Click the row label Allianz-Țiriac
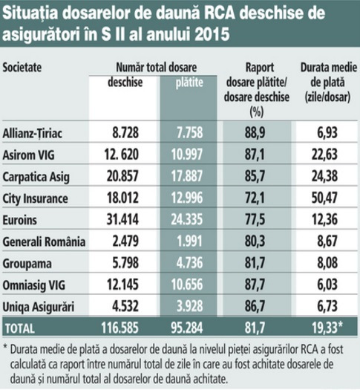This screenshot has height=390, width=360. coord(33,134)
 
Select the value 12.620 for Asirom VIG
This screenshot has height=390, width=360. coord(121,155)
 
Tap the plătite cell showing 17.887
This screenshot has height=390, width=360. coord(187,176)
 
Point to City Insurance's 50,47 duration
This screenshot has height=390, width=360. coord(324,198)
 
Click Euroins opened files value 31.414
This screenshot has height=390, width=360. coord(122,219)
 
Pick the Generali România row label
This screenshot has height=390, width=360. coord(44,241)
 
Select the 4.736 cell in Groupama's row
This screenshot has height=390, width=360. coord(189,263)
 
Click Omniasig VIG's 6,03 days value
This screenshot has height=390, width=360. coord(327,285)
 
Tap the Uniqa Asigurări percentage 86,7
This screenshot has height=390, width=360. coord(255,306)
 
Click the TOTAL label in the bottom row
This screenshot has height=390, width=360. coord(19,328)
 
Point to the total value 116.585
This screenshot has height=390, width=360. coord(120,328)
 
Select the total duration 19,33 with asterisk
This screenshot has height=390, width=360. coord(327,328)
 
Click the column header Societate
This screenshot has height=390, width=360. coord(22,68)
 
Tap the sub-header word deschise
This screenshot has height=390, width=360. coord(125,82)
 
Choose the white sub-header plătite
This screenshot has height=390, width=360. coord(189,82)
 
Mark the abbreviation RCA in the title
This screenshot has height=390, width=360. coord(220,13)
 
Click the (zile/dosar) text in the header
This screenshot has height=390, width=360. coord(327,97)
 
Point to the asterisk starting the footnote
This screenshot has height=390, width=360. coord(5,347)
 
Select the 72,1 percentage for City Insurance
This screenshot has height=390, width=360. coord(255,198)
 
